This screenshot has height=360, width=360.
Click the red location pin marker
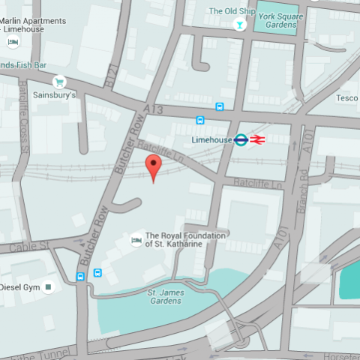pos(153,167)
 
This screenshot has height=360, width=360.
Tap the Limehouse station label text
pos(211,139)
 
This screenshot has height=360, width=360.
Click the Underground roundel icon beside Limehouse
pos(241,139)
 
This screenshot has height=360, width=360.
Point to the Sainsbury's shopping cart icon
pos(58,82)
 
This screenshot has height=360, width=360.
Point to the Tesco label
pos(346,98)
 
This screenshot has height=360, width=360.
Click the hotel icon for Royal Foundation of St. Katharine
pos(136,239)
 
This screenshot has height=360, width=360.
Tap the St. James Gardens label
pos(164,296)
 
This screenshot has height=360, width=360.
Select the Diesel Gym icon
pos(49,286)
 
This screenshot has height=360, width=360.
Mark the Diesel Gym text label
pos(18,286)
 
